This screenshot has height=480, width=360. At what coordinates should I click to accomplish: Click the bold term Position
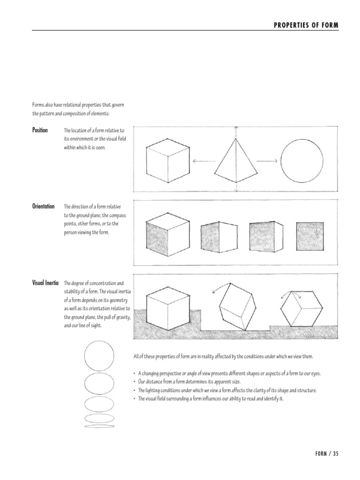[x=40, y=130]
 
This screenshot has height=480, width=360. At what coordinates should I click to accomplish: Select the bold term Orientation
[x=43, y=206]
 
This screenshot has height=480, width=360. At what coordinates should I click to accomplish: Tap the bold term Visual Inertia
[x=45, y=283]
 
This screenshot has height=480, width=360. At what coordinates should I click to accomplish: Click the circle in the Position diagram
[x=301, y=161]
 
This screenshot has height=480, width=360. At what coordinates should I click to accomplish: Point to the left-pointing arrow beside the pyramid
[x=202, y=161]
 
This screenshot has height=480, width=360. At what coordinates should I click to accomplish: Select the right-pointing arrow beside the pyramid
[x=267, y=161]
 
